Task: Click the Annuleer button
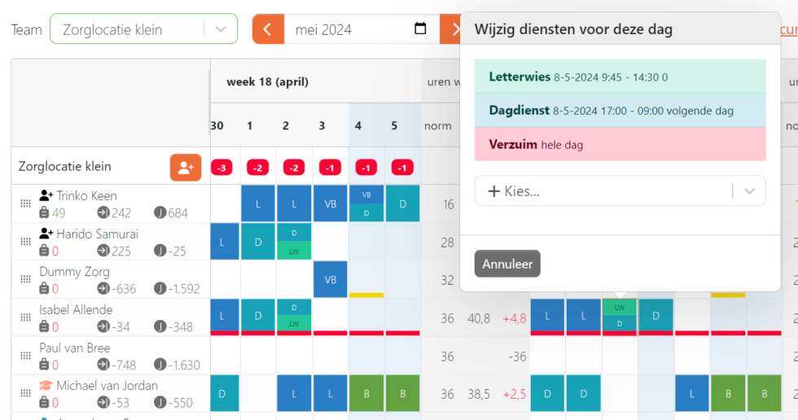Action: (507, 264)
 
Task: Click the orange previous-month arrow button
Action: (268, 29)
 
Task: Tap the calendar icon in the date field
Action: (420, 29)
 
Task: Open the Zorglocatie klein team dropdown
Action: (143, 29)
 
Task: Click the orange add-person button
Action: (186, 167)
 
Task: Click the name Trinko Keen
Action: (86, 195)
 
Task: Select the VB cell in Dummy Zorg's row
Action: (331, 279)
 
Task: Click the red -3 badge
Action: (221, 168)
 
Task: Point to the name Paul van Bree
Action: (74, 348)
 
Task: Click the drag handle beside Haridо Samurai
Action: (25, 242)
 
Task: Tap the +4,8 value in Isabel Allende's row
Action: (513, 318)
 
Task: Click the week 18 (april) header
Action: (267, 81)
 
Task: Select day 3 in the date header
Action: (322, 125)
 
